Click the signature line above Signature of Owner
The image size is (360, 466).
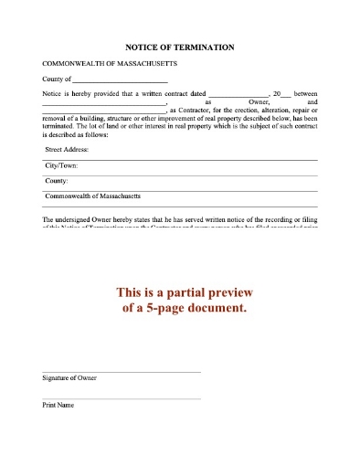click(x=122, y=372)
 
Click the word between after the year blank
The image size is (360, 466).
click(x=305, y=95)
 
